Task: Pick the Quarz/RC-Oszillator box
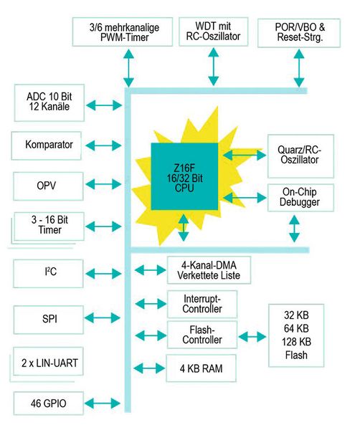300,155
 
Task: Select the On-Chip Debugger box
300,198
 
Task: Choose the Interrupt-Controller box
204,303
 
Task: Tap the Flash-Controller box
204,334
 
